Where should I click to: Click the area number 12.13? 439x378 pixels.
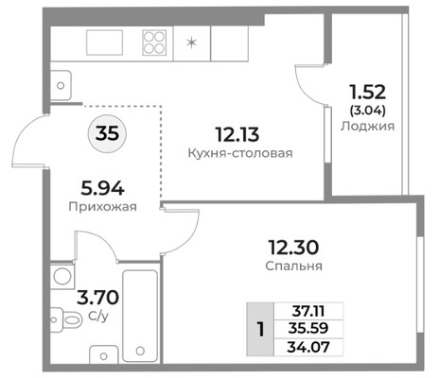pos(237,134)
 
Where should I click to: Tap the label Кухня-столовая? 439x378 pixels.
pos(240,153)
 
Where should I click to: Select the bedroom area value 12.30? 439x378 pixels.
pos(293,248)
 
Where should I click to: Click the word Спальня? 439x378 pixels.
pos(293,266)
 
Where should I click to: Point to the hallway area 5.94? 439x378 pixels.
pos(102,189)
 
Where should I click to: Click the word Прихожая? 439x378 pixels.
pos(103,207)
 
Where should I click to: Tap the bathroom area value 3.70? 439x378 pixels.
pos(97,298)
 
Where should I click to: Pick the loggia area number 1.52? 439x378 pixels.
pos(367,93)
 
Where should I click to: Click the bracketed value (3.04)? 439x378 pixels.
pos(368,111)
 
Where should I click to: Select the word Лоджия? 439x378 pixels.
pos(367,126)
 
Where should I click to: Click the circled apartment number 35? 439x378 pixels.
pos(107,133)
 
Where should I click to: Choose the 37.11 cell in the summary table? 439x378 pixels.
pos(308,312)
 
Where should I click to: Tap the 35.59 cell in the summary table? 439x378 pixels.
pos(308,329)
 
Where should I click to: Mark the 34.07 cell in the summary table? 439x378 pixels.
pos(308,347)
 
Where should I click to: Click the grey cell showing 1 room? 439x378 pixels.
pos(260,330)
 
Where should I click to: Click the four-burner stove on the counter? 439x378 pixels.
pos(154,43)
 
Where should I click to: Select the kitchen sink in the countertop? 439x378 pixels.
pos(104,43)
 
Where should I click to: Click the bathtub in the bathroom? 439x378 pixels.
pos(140,316)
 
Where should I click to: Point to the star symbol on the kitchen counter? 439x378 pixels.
pos(191,43)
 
